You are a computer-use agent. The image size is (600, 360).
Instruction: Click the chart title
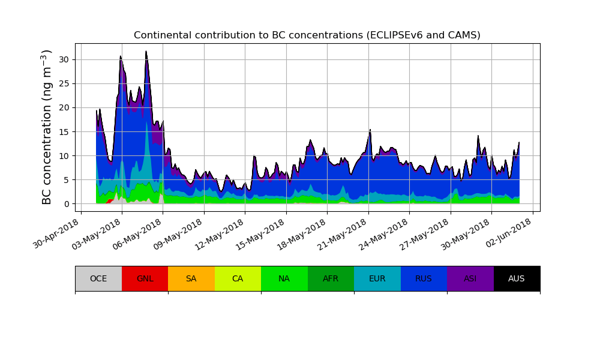307,35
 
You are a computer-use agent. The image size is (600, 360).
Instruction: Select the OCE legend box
98,278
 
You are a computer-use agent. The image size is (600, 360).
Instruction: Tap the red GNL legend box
145,278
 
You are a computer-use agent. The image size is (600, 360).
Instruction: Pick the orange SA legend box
191,278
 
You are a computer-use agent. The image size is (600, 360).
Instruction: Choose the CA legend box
238,278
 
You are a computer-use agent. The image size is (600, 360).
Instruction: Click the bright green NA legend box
284,278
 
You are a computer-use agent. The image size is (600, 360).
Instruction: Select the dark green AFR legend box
331,278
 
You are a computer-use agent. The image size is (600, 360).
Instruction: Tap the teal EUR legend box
377,278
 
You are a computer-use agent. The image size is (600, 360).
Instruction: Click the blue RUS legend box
424,278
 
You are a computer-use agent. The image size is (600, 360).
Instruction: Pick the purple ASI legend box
470,278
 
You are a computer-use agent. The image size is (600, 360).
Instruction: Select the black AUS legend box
517,278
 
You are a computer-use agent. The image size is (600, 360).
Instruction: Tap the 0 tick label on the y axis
67,204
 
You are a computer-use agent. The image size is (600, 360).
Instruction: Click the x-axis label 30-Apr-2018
57,235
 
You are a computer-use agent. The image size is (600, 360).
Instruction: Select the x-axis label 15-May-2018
262,235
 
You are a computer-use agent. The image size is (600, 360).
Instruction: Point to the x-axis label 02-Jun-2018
509,235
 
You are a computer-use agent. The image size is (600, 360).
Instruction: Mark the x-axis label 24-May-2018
386,235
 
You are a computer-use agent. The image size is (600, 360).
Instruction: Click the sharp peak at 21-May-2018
370,130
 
